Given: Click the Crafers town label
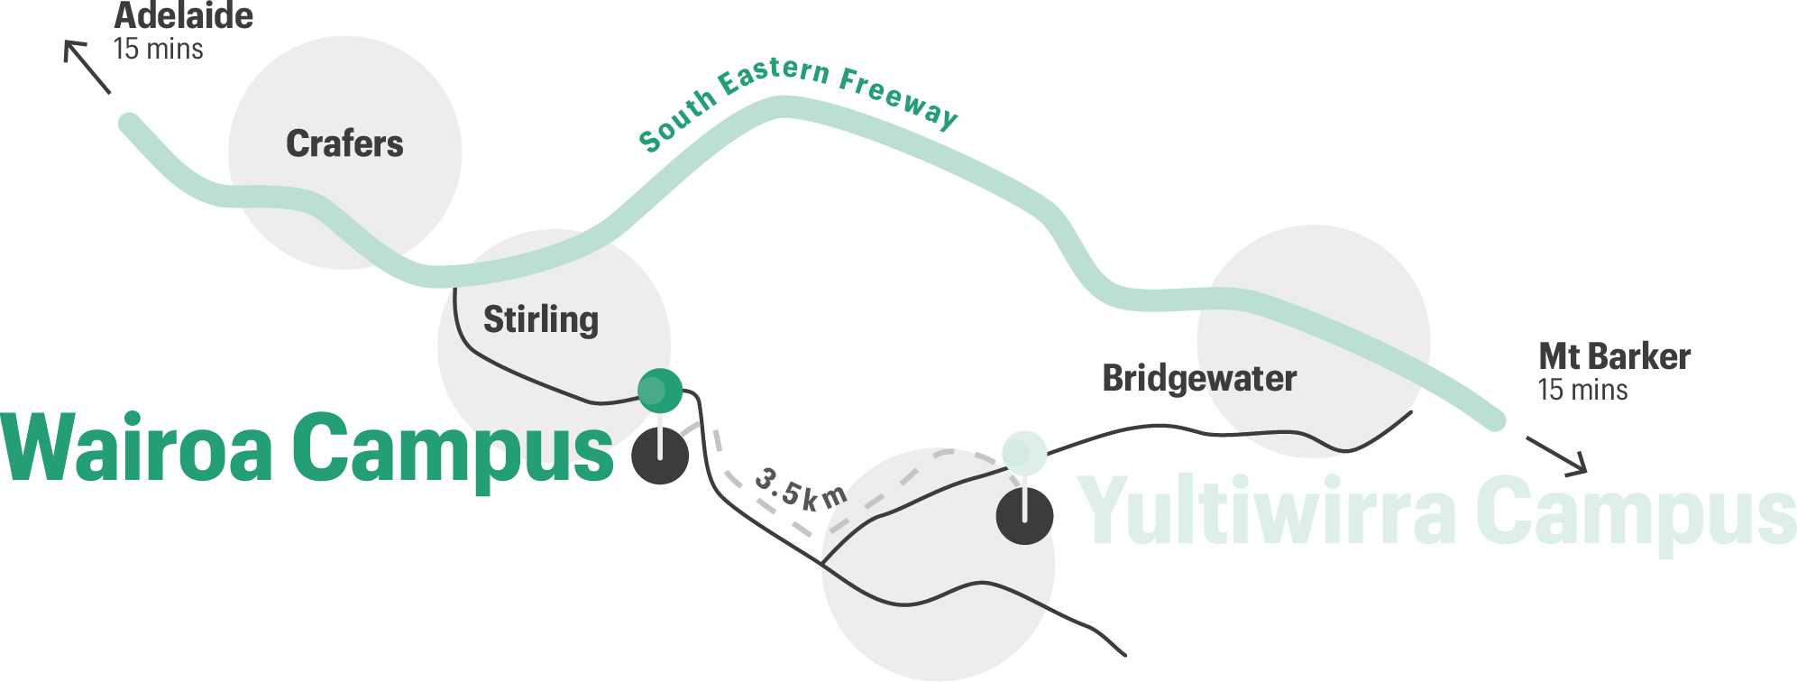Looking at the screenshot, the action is point(344,144).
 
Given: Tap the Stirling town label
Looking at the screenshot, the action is point(540,320).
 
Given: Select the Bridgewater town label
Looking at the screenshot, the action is point(1199,378).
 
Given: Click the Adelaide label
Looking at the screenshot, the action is point(184,16).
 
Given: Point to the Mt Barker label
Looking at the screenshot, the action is point(1614,357).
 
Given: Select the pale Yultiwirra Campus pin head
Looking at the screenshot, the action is point(1024,451).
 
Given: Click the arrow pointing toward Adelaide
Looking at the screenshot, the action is point(86,65).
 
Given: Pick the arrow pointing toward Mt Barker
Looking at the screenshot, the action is point(1557,454).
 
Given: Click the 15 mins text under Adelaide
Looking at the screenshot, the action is point(159,49).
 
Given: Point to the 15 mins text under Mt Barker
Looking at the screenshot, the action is point(1582,391).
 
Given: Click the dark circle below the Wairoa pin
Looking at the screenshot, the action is point(660,456).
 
